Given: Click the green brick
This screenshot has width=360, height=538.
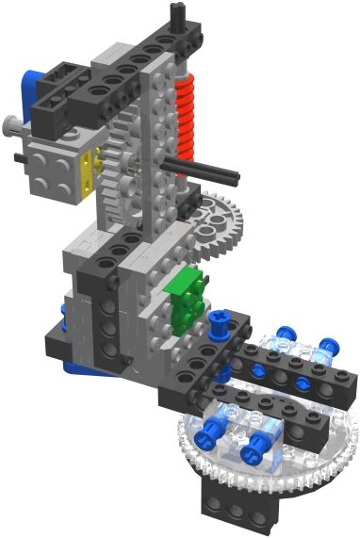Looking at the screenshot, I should [185, 297].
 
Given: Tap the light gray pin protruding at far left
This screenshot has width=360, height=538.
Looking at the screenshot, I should [10, 122].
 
